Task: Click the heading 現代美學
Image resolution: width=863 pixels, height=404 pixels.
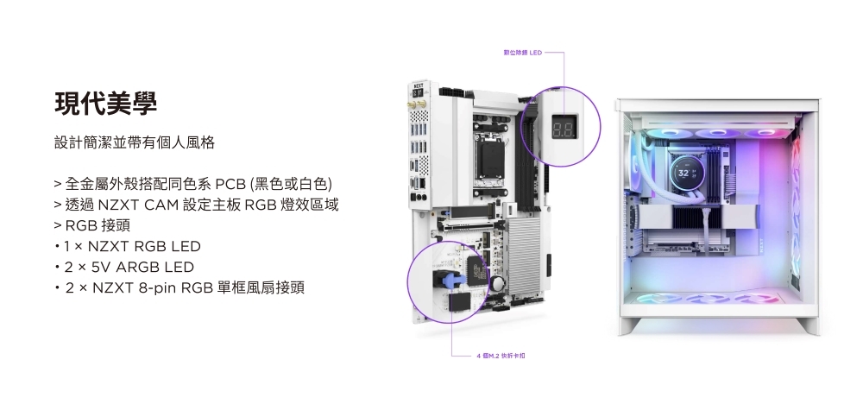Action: coord(105,103)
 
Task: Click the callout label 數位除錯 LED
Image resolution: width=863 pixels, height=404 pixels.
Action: coord(523,54)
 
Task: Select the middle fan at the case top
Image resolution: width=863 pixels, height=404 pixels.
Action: coord(713,133)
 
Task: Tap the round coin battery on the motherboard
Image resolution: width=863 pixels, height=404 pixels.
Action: coord(498,284)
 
